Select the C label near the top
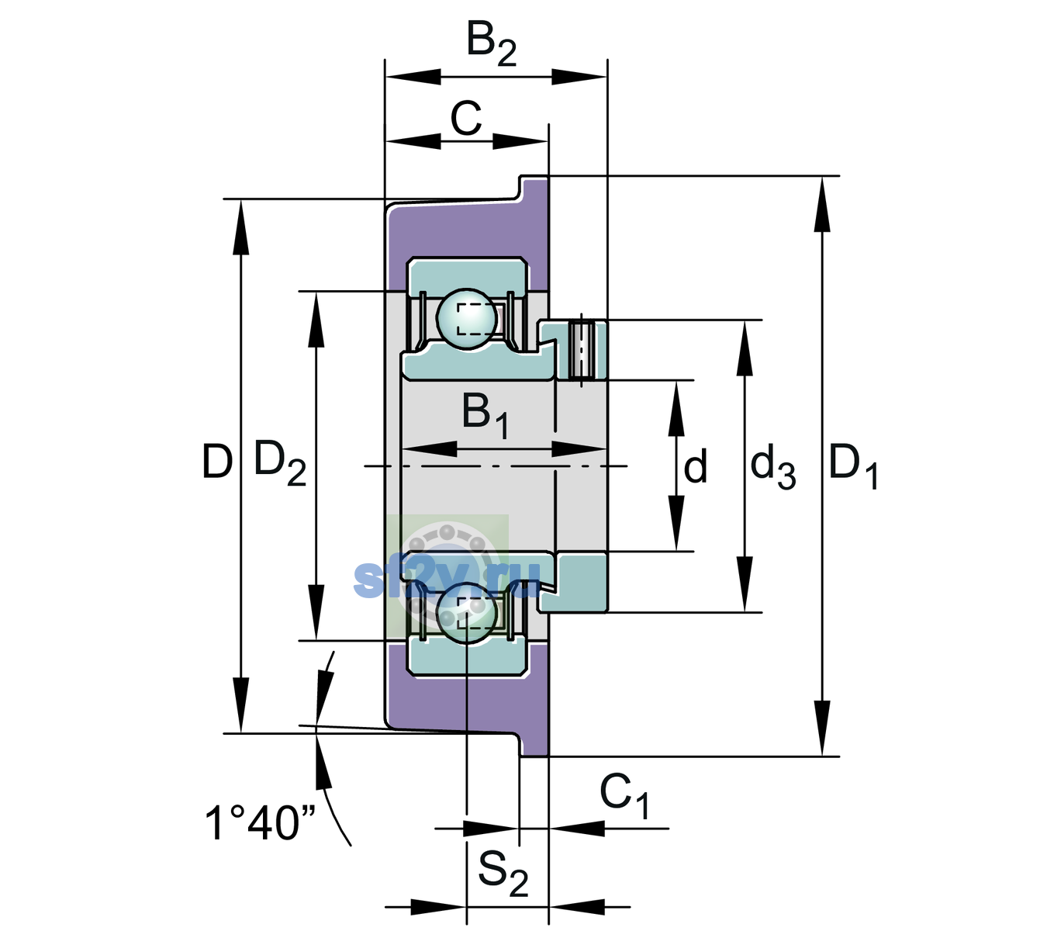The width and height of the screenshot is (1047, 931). tap(465, 119)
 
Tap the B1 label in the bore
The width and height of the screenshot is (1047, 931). tap(485, 416)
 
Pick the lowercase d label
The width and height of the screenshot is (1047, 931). tap(696, 465)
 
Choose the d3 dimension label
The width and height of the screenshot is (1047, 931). tap(772, 465)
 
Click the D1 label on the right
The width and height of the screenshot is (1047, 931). tap(853, 465)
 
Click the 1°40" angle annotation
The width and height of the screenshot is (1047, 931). tap(259, 823)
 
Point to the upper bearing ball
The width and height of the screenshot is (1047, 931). tap(467, 320)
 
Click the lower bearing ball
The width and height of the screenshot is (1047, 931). tap(467, 612)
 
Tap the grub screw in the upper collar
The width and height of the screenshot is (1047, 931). tap(582, 350)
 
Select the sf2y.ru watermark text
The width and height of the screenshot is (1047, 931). tap(447, 579)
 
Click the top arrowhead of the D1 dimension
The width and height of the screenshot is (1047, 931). tap(821, 204)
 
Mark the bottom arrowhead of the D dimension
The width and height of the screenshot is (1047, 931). tap(241, 704)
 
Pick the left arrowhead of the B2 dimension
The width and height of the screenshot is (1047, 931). tap(413, 77)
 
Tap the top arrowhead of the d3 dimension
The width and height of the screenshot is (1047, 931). tap(745, 348)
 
